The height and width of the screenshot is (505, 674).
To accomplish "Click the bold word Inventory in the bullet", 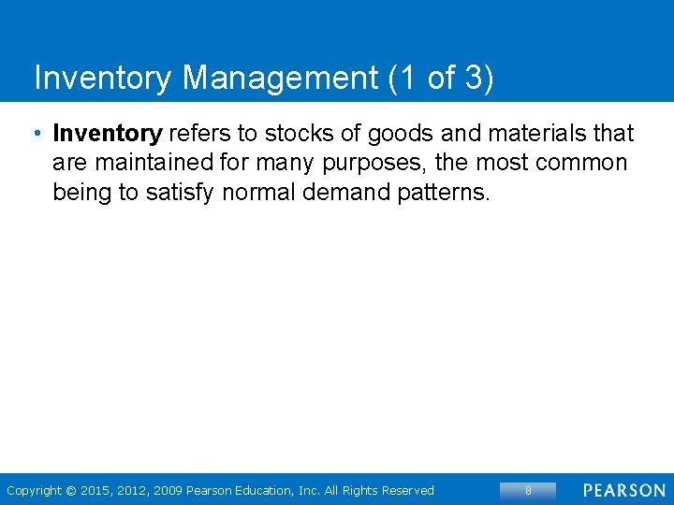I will pos(108,134).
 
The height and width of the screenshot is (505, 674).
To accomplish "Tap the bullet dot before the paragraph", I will pos(37,134).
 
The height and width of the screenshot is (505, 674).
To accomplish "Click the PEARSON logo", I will pos(624,490).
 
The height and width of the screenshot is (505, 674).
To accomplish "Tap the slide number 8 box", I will pos(528,490).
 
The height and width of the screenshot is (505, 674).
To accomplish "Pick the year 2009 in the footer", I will pos(168,490).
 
